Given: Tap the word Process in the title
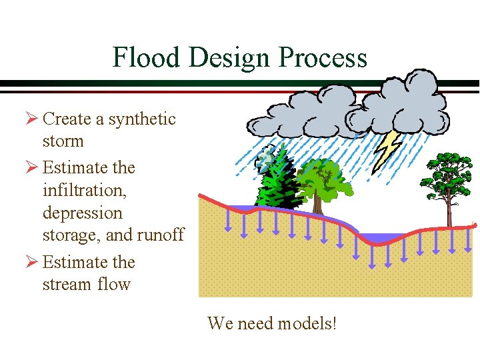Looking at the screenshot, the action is [x=323, y=58].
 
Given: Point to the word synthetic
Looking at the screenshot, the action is [x=142, y=119].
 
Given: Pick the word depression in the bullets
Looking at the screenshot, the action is [x=83, y=213].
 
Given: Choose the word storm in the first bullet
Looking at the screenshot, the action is [x=63, y=141].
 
